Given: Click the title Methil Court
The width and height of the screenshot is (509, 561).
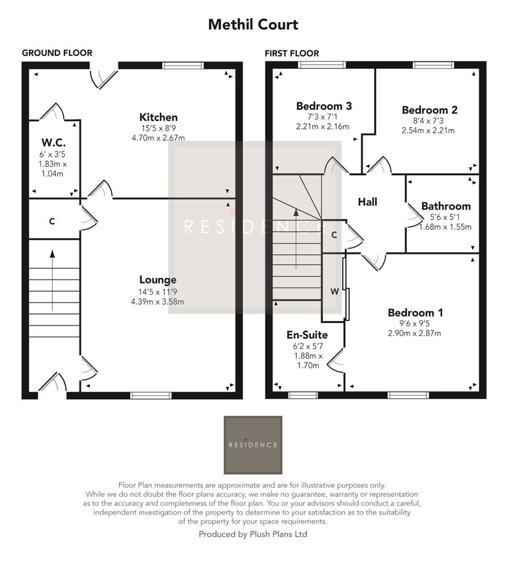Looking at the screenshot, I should pos(253,24).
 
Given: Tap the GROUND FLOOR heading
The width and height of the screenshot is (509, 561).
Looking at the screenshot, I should pos(57,53).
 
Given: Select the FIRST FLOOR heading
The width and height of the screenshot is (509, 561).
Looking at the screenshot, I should pos(292,54).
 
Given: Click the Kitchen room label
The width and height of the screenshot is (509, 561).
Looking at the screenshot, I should pos(158,117).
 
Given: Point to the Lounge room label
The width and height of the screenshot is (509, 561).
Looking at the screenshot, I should pos(158,280).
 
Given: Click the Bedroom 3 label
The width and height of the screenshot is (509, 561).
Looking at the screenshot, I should pos(323,106).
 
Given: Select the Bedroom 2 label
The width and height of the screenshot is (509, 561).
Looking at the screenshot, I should pos(429,110).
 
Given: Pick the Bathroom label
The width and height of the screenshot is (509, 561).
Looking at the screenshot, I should pos(446,206).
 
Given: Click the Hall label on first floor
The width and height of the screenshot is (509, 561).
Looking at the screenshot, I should pos(367,202).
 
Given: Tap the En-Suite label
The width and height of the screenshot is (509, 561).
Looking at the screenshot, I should pos(307,335).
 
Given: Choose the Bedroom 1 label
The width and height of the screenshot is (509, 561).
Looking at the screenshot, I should pos(415,313).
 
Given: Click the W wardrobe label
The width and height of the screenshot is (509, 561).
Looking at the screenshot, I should pos(335,292).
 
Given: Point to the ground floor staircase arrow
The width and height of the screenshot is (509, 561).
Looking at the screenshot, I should pos(52,280).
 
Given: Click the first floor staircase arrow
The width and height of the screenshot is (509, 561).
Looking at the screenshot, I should pos(296,239).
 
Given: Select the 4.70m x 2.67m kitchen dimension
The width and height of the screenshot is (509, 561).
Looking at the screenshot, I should pos(158,138).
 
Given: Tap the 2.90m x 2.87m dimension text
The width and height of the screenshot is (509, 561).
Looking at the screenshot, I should pos(414,333).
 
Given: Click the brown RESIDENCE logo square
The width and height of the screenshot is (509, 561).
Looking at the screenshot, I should pos(253,445).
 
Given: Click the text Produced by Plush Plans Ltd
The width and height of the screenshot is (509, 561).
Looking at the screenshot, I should pos(253,534).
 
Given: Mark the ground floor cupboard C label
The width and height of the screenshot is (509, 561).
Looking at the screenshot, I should pos(51,221).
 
